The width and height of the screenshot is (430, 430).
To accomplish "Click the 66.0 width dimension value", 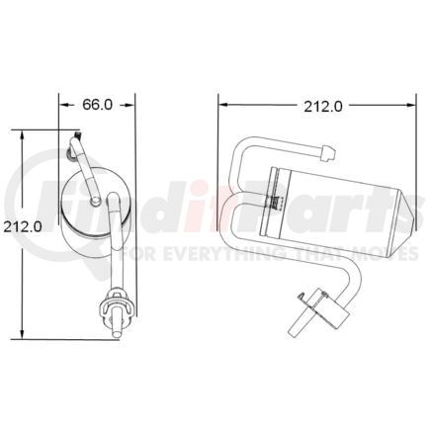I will (x=97, y=102).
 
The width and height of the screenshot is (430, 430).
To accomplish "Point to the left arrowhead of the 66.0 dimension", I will (x=63, y=102).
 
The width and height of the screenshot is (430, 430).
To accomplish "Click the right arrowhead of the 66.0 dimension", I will (x=130, y=102).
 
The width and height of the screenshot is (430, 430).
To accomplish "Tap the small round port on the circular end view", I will (x=94, y=202).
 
